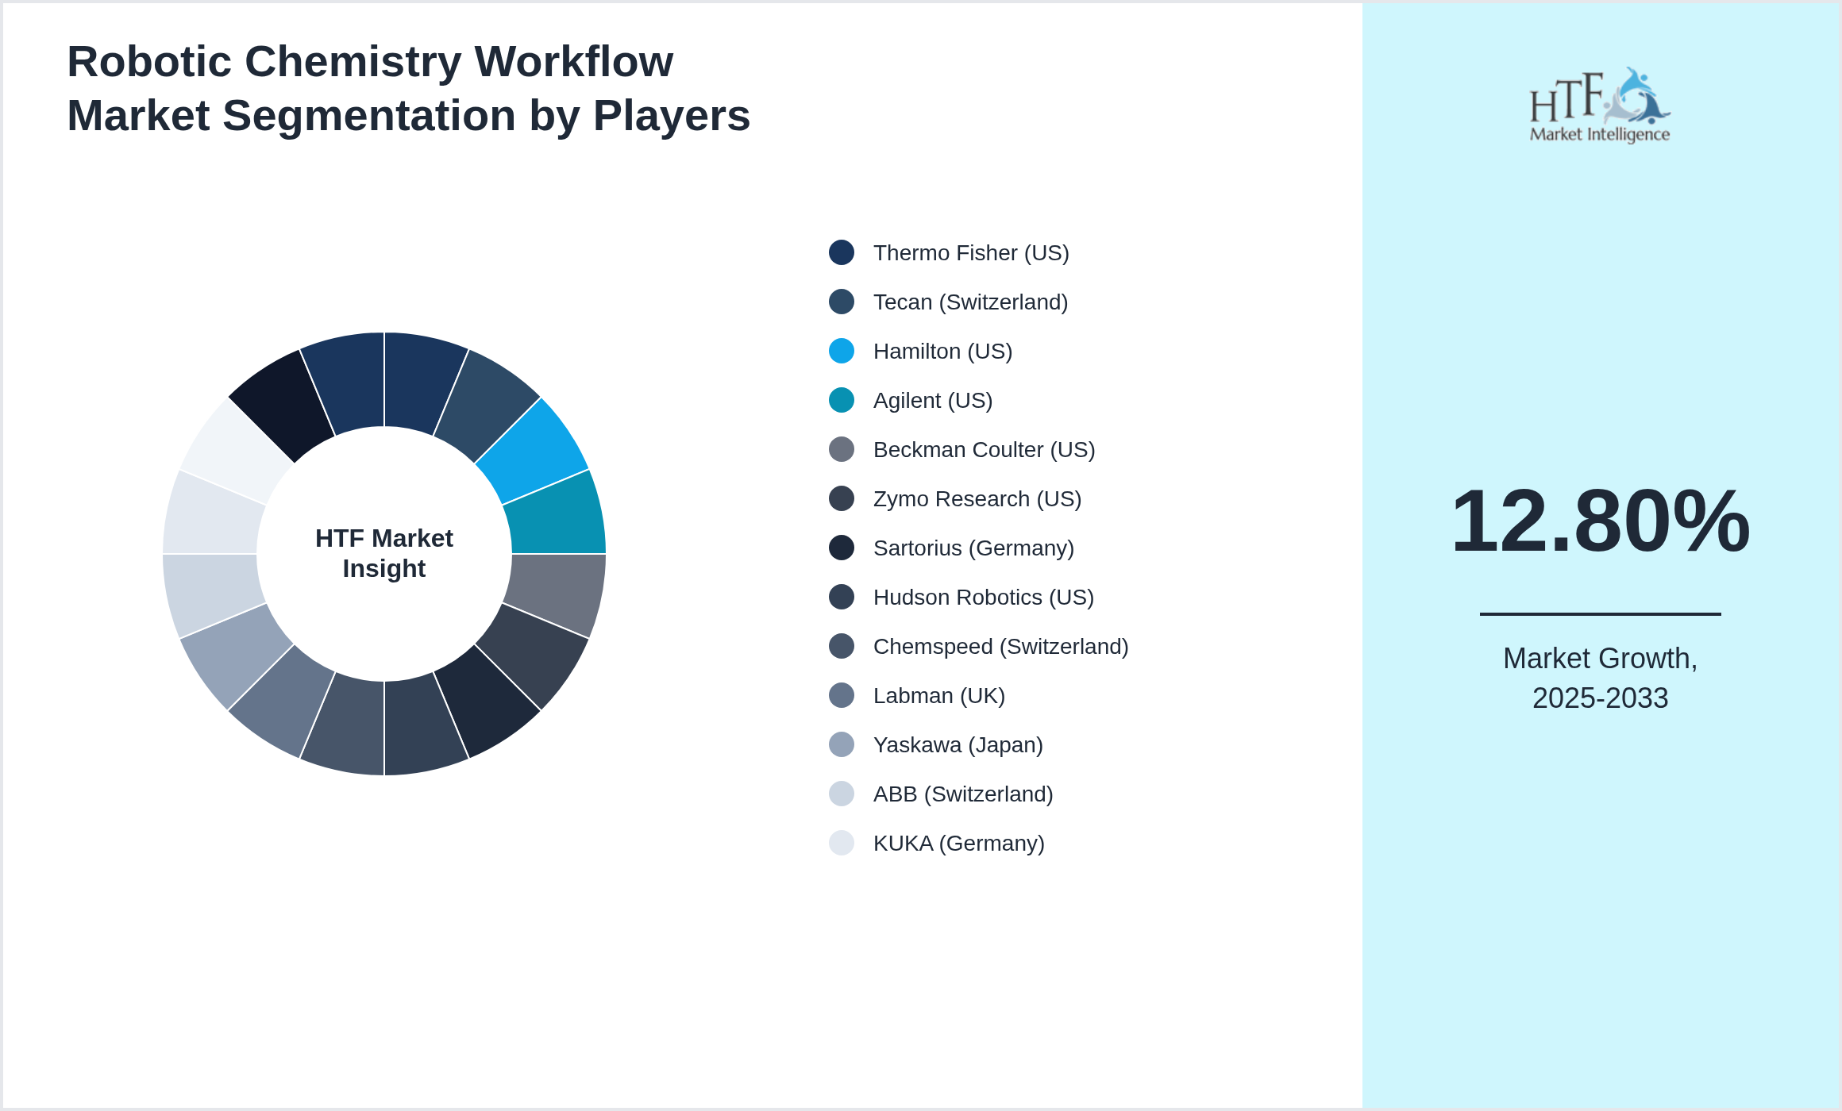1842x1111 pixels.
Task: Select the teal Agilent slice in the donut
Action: coord(556,516)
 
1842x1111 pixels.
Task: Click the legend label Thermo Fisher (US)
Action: coord(970,252)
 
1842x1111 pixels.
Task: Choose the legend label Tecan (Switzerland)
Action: coord(970,302)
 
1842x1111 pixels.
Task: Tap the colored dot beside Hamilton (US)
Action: coord(842,351)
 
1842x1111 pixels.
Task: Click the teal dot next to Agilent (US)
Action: coord(842,400)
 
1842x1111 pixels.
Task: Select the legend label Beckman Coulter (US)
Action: coord(984,449)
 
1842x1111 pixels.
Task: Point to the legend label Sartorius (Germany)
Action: coord(973,548)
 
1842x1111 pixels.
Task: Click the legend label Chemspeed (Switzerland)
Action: coord(1000,646)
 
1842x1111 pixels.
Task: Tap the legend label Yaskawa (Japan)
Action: coord(958,744)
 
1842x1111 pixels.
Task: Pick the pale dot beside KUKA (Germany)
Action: coord(842,843)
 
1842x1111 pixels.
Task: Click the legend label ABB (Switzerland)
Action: coord(962,794)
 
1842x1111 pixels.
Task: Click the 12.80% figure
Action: coord(1600,521)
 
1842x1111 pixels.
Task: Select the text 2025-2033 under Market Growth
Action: coord(1600,698)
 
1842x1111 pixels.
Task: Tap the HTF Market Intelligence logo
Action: coord(1600,105)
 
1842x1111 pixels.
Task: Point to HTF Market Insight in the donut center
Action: coord(384,553)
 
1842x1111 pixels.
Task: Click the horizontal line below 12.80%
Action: coord(1600,613)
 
